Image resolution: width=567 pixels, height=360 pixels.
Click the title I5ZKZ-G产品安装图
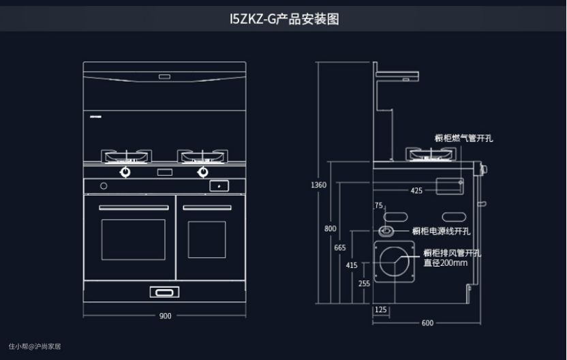284,19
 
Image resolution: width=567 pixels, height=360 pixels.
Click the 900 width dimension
165,316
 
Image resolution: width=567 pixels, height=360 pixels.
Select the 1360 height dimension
318,185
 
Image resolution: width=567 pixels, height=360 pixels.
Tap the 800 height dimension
330,228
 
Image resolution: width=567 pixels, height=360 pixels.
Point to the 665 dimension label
339,247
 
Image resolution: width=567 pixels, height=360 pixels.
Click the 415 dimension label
352,265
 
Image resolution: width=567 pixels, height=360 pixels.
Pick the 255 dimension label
364,283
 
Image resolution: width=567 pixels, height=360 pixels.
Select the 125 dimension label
381,310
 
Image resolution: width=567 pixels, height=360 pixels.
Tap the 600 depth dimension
427,322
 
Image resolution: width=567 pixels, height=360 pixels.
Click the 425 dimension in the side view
416,191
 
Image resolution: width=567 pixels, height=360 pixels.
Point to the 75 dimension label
379,205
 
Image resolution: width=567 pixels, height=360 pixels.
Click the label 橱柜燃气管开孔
463,138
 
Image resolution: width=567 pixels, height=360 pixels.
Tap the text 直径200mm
445,262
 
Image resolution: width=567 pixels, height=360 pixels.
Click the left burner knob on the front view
126,172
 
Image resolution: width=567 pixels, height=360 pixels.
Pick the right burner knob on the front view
202,172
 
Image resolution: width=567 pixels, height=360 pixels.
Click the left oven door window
133,239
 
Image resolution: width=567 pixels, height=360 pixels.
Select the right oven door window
206,239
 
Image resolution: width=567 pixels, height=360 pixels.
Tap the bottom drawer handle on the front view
165,293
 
